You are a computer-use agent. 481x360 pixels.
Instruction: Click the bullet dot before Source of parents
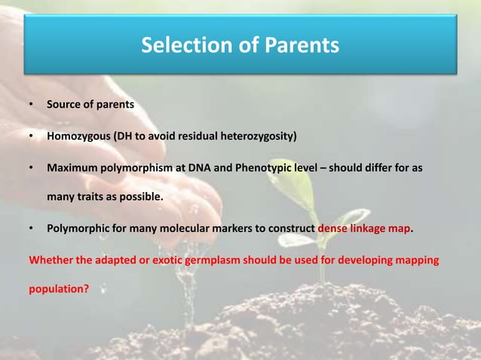[30, 105]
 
